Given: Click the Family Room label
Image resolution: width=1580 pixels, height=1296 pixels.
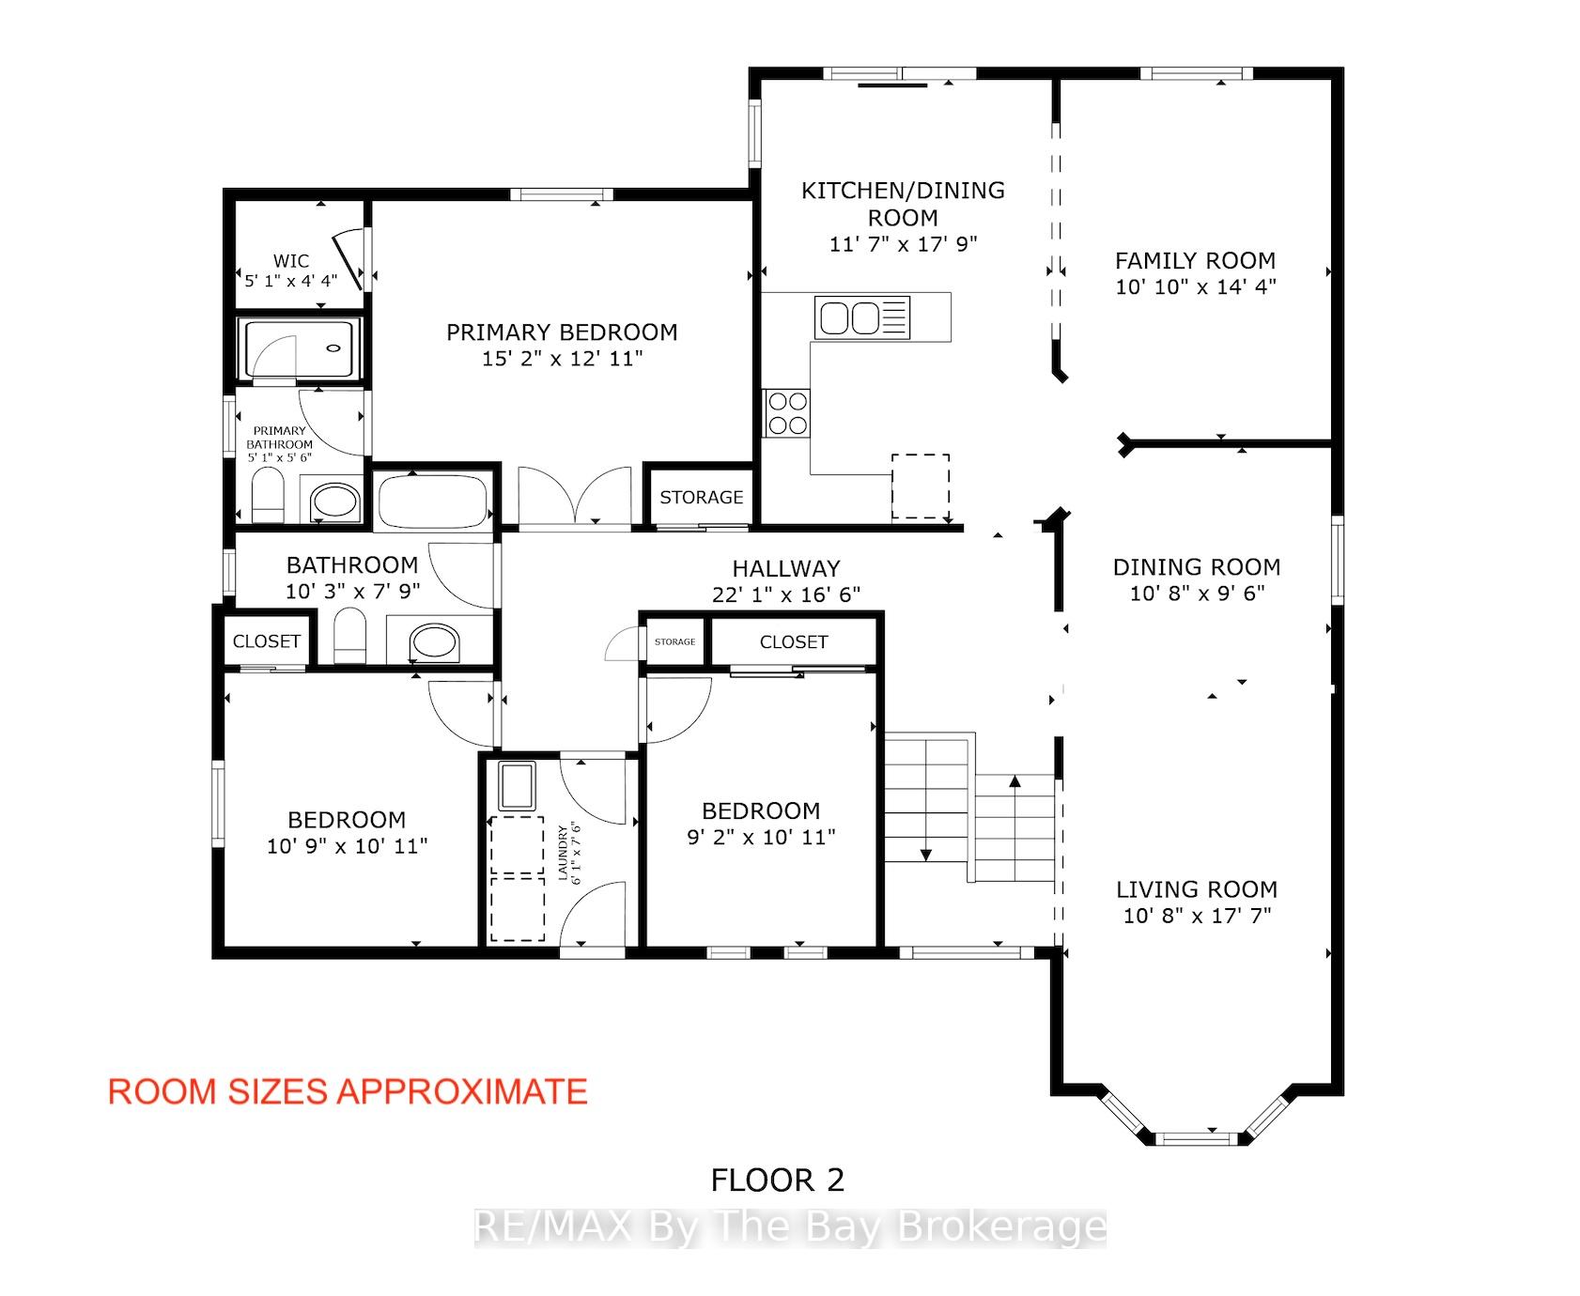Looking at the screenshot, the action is pos(1195,260).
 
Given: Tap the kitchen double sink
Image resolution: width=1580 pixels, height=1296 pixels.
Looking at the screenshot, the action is pos(849,316).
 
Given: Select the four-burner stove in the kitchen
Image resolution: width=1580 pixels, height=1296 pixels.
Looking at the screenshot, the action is pos(787,412).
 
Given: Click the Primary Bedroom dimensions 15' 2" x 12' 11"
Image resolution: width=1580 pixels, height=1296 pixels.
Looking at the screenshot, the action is pos(562,359).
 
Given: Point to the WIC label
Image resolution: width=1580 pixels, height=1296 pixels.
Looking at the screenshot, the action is pos(290,260).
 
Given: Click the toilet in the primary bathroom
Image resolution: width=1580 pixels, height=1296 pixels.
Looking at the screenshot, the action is pos(269,496).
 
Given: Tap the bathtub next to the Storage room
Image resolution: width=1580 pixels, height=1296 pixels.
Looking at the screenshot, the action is pos(432,501).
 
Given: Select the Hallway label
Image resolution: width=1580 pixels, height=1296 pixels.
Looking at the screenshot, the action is pos(786,568).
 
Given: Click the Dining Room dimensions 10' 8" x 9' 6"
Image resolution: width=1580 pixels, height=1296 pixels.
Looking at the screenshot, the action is pos(1197,594).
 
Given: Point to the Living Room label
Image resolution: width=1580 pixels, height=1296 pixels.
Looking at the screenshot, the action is pos(1197,889).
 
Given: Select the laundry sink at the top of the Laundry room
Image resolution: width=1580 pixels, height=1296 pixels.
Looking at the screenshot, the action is pos(517,786).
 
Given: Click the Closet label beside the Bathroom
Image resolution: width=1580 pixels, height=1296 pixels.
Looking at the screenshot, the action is pos(267,641).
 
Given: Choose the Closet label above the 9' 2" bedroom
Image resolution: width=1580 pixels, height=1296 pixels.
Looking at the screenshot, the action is pos(794,642).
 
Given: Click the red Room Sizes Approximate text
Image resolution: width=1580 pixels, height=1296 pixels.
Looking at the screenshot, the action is pos(348,1091).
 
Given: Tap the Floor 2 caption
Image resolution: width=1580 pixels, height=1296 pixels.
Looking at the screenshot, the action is pos(778,1180).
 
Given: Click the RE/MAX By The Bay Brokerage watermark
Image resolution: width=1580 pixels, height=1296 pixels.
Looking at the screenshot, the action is pos(791,1227).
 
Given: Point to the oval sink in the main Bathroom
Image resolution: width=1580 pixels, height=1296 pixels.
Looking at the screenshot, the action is pos(435,642).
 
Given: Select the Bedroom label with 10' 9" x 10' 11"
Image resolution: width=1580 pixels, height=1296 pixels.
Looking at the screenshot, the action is pos(347,820).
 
